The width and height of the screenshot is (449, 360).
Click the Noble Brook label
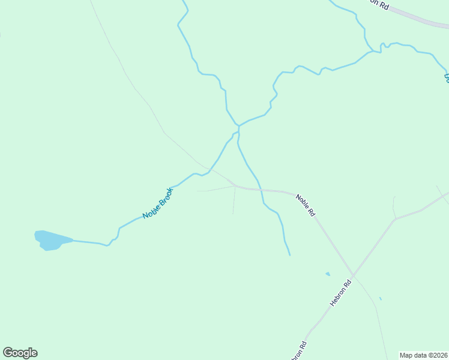tap(157, 203)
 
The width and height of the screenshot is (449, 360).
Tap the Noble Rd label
tap(306, 205)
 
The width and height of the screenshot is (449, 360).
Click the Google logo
tap(20, 353)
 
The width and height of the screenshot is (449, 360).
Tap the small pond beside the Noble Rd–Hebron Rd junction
tap(328, 274)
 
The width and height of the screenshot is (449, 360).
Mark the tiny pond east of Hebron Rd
tap(381, 298)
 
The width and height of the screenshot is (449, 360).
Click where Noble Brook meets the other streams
tap(238, 126)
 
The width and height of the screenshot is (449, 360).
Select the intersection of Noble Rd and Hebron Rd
tap(353, 276)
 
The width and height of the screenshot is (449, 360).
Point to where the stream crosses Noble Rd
tap(261, 190)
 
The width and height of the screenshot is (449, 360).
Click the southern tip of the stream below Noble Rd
tap(290, 255)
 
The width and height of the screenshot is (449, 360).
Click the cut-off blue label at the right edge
tap(446, 77)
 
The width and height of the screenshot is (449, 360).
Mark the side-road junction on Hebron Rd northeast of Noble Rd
tap(395, 219)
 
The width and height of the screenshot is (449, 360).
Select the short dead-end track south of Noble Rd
tap(234, 201)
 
